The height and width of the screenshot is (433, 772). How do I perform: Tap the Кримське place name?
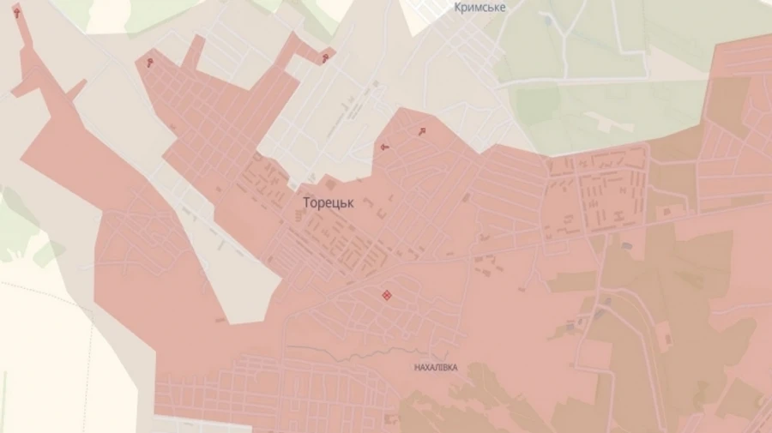tap(479, 8)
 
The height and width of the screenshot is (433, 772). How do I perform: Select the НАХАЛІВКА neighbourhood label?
tap(436, 367)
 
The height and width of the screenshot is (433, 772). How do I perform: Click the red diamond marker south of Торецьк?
tap(387, 296)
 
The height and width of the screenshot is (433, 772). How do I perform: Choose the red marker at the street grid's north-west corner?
tap(151, 62)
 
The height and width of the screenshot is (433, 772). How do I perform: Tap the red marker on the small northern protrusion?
tap(325, 58)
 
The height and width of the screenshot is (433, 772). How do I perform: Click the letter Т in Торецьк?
tap(307, 202)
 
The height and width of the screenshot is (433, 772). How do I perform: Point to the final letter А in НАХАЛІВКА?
tap(455, 367)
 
